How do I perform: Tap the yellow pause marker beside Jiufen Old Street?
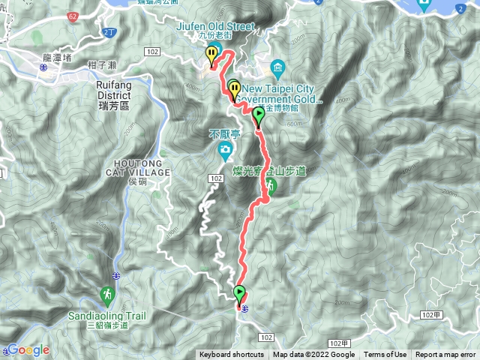(211, 55)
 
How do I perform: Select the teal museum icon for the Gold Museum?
(277, 68)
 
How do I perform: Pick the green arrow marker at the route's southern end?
(240, 293)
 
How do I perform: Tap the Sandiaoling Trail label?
(107, 316)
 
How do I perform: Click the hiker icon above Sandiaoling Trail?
(107, 295)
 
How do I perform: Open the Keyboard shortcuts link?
(231, 355)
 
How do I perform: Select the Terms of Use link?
(385, 355)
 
